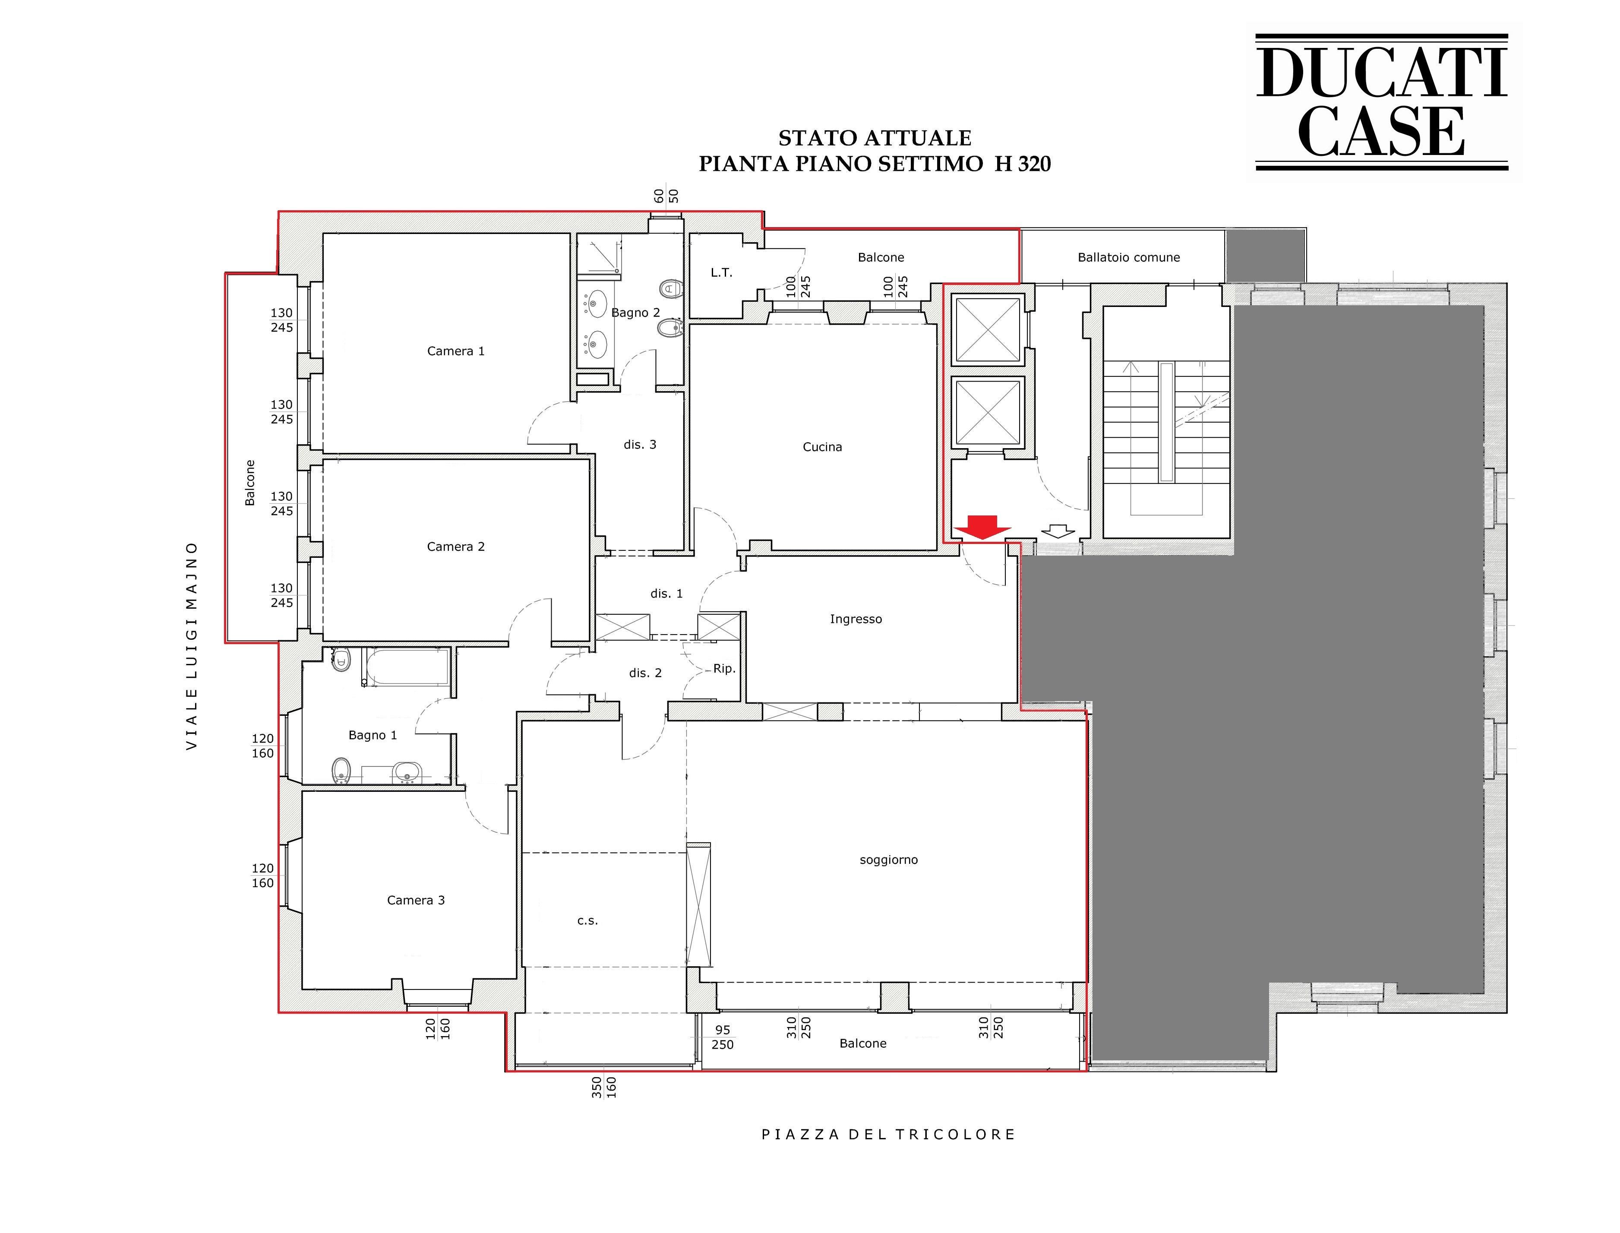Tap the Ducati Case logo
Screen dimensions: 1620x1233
coord(1382,102)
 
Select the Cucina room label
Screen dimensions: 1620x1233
coord(822,447)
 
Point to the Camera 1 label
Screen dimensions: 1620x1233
coord(456,351)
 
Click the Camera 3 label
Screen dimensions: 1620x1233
coord(416,901)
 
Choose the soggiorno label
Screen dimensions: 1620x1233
coord(888,860)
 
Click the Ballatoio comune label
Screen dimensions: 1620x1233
coord(1128,258)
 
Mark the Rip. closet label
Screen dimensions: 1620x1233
coord(724,669)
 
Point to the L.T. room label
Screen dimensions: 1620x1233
coord(721,273)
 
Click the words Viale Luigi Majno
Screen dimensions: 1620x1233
coord(192,646)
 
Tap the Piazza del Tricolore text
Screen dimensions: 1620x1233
coord(888,1135)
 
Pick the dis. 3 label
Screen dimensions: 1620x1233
coord(640,445)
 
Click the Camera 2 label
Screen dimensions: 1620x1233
coord(456,547)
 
